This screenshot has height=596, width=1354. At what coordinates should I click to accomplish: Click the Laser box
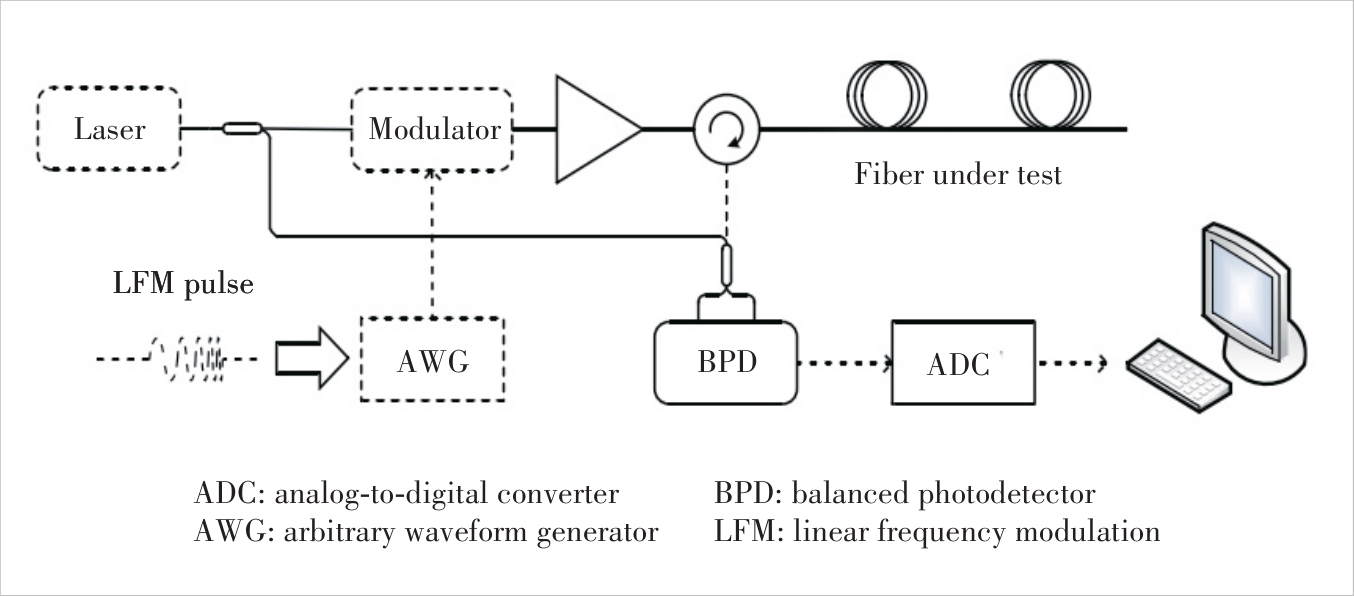[x=109, y=128]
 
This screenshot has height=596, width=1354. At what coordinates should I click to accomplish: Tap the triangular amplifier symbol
[x=592, y=129]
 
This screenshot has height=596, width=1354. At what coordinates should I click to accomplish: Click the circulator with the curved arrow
[x=727, y=129]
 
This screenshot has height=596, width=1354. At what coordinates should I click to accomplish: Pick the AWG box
[x=432, y=360]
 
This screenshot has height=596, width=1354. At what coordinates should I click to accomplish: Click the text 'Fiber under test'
[x=957, y=175]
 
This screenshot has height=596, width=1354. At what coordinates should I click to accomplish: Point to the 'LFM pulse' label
[x=183, y=283]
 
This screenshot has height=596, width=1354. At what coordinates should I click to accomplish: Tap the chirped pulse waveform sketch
[x=190, y=357]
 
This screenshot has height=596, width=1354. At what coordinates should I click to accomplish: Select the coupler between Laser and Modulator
[x=242, y=128]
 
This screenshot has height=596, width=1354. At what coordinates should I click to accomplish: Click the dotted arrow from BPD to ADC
[x=844, y=362]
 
